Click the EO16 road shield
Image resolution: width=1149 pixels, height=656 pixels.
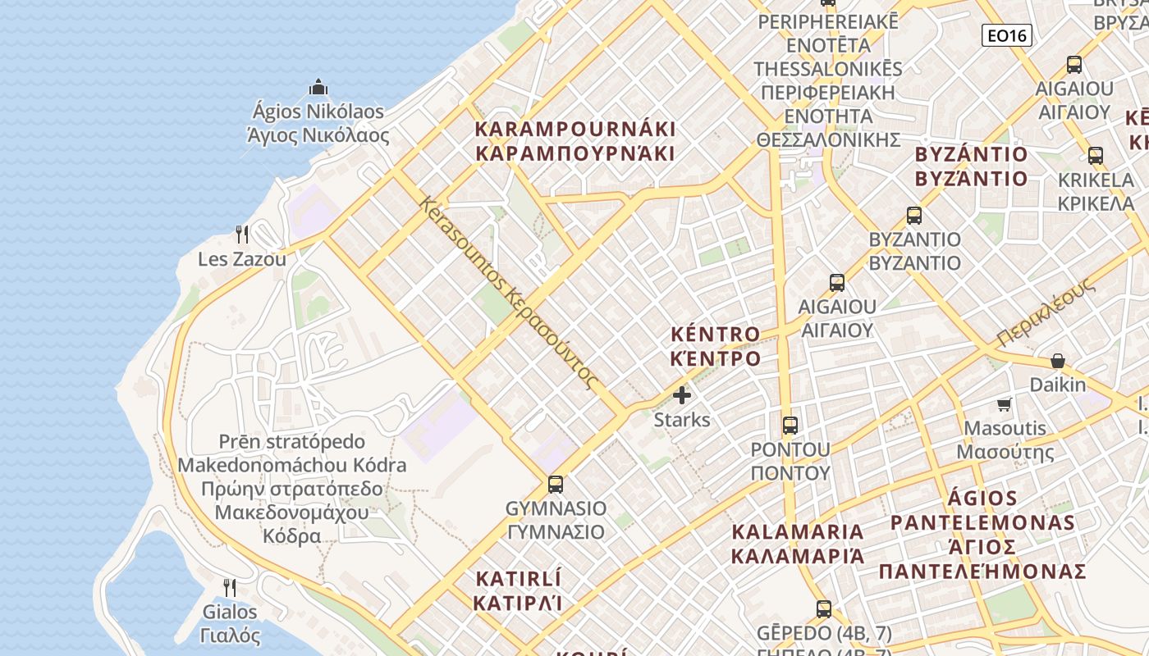pos(1006,35)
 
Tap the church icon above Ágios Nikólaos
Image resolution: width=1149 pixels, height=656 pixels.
pos(318,87)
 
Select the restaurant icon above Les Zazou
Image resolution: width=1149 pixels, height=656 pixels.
pos(242,235)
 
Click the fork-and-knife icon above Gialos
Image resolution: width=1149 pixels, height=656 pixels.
pos(230,587)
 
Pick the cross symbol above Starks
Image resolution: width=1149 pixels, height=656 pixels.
pos(682,395)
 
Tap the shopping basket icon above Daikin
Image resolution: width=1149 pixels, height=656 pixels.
pos(1058,361)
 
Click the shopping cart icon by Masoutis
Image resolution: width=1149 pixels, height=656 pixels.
pos(1004,404)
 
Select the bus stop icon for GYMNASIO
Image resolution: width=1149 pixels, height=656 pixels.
pos(556,484)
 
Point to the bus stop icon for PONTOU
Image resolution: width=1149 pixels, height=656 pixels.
pos(790,425)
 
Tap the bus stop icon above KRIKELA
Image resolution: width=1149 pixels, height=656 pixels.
pos(1095,156)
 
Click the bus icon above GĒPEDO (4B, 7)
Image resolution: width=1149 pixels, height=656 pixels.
pos(824,608)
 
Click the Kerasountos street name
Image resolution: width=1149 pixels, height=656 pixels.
pos(509,291)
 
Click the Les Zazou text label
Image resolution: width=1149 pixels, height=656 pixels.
pos(242,259)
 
